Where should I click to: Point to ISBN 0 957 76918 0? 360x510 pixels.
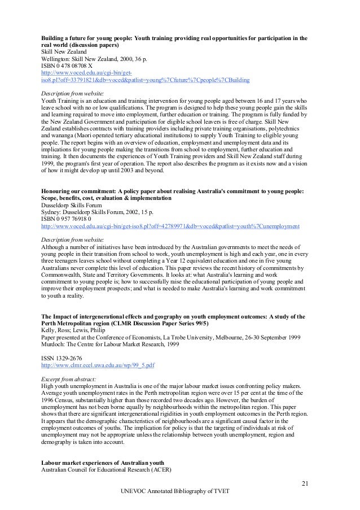pyautogui.click(x=70, y=219)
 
